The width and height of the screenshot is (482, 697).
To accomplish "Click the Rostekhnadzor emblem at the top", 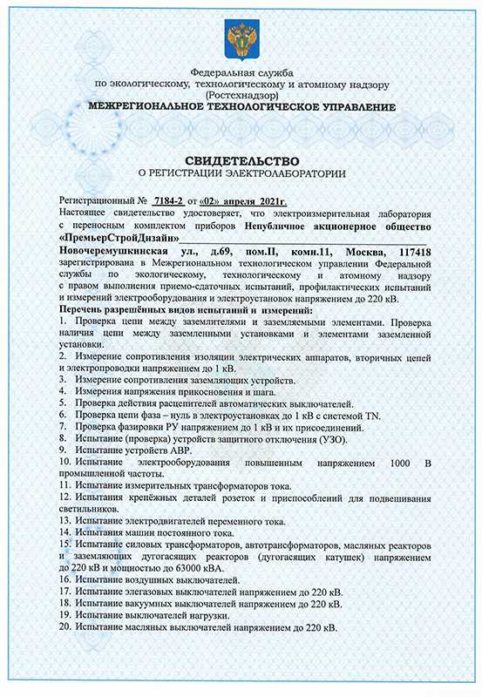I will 241,37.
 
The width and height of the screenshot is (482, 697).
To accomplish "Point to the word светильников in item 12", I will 94,509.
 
